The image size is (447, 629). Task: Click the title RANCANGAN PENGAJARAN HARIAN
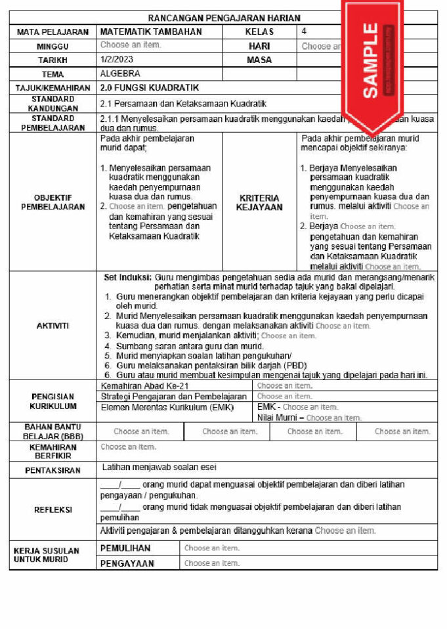pos(223,18)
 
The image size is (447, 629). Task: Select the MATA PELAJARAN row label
pos(53,32)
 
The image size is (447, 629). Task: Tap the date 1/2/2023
pos(112,60)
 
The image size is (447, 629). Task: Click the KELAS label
pos(259,32)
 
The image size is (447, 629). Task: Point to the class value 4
pos(304,31)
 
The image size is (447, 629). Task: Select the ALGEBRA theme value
pos(120,74)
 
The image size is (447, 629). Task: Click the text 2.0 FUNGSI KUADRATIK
pos(150,88)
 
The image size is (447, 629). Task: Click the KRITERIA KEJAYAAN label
pos(259,202)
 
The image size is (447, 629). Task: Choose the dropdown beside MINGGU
pos(131,45)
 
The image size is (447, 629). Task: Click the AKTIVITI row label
pos(53,326)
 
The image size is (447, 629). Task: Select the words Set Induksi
pos(128,278)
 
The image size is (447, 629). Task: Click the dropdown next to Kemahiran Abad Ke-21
pos(284,386)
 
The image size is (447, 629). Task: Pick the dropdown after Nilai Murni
pos(333,418)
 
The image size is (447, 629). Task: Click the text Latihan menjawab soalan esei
pos(160,467)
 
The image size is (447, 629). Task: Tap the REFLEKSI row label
pos(53,510)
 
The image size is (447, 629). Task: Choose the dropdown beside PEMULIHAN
pos(212,548)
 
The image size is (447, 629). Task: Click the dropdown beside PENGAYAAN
pos(212,563)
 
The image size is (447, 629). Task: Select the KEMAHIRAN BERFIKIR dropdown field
pos(129,447)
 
